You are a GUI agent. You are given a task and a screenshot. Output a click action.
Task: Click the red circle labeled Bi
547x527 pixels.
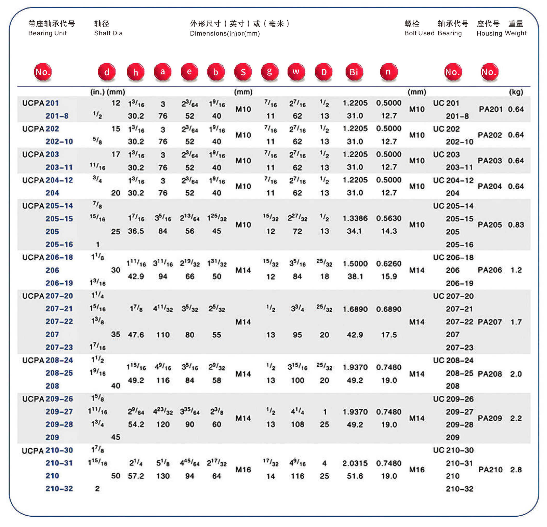[354, 72]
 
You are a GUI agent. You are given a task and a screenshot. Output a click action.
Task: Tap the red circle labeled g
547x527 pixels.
[269, 72]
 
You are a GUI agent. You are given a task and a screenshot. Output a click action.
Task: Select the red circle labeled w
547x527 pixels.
[296, 72]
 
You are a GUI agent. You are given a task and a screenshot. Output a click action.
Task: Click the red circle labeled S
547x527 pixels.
[243, 72]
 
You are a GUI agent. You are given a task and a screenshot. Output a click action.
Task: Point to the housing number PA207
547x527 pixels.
[490, 322]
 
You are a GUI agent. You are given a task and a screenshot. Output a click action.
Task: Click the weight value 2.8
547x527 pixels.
[516, 470]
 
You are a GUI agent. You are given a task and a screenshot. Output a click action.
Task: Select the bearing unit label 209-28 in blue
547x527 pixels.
[59, 424]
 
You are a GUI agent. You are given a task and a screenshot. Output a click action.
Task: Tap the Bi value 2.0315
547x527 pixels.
[355, 463]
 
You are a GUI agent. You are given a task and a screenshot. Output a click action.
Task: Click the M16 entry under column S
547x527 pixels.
[243, 470]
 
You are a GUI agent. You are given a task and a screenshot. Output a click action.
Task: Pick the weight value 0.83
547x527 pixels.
[516, 225]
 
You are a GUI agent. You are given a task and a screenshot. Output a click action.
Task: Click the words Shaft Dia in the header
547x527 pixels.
[108, 33]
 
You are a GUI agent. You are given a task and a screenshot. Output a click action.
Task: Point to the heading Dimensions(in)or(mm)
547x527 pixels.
[225, 33]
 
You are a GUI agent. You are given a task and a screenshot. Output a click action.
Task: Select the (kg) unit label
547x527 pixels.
[516, 92]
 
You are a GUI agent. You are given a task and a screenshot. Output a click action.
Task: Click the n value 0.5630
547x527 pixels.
[389, 218]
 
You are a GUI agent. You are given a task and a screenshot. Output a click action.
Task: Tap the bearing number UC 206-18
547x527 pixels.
[453, 257]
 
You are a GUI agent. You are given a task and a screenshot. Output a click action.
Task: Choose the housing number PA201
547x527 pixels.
[491, 109]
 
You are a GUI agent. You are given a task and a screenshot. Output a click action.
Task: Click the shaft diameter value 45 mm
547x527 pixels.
[116, 437]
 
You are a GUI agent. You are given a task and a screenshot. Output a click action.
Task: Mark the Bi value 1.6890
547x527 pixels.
[355, 309]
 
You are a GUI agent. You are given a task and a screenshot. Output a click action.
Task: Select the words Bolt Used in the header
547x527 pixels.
[419, 33]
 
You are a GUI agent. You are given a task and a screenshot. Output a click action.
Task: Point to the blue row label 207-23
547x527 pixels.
[59, 347]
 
